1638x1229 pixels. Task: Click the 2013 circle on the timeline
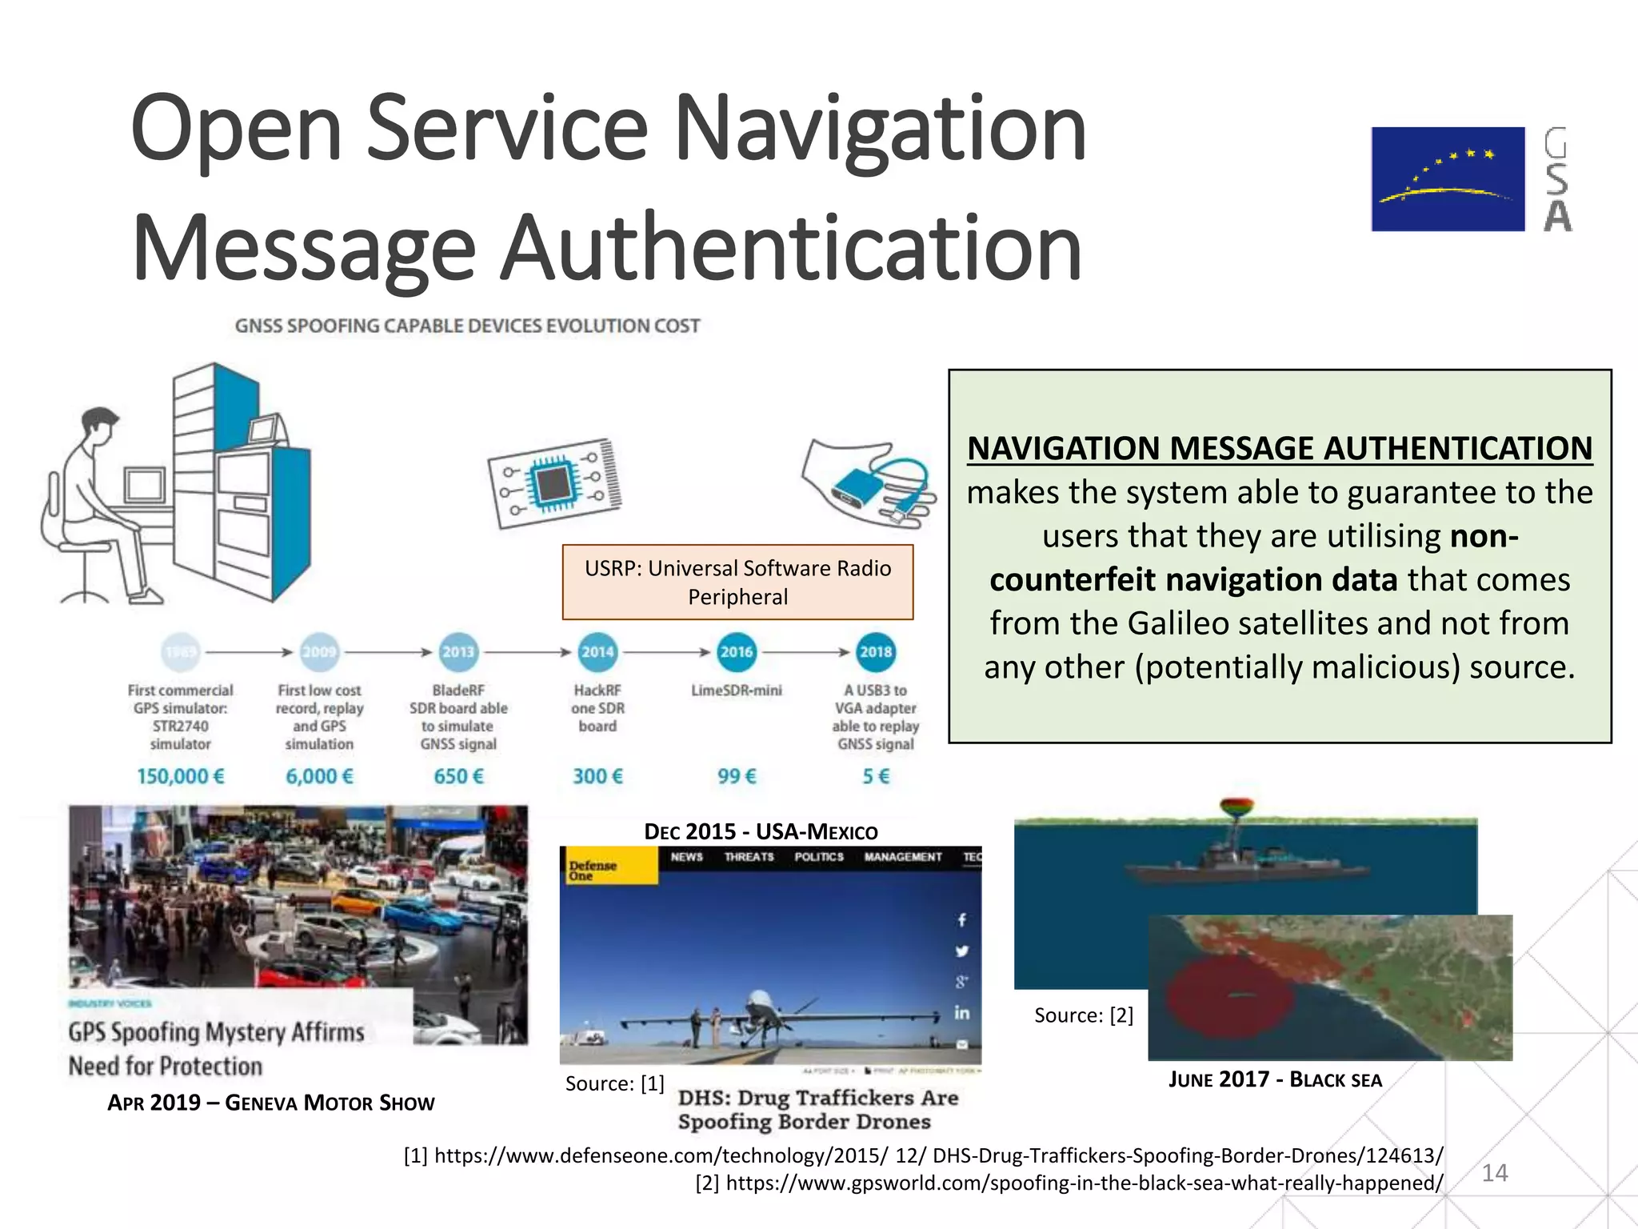tap(458, 652)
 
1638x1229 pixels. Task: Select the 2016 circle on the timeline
tap(736, 652)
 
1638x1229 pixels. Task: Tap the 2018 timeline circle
tap(876, 652)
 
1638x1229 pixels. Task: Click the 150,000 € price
tap(181, 776)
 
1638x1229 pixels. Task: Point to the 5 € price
tap(876, 776)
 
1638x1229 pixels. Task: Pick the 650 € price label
tap(458, 776)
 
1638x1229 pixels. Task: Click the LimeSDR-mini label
tap(736, 691)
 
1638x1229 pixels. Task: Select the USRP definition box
tap(737, 582)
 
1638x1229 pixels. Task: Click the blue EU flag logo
tap(1448, 179)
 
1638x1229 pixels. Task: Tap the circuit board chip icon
tap(553, 483)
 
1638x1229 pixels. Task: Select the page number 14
tap(1494, 1173)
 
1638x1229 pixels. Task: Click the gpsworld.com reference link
tap(1069, 1183)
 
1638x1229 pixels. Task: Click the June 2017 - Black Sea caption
tap(1275, 1080)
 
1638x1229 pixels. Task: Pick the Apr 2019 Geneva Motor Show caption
tap(271, 1103)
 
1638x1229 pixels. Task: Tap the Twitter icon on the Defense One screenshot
tap(961, 951)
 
